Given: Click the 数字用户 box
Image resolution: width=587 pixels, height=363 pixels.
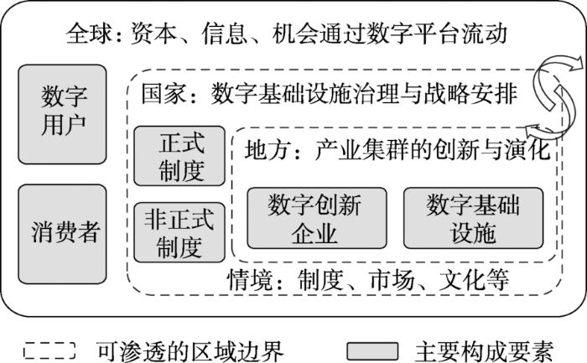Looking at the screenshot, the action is [x=63, y=114].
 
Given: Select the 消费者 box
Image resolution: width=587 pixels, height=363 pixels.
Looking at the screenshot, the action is [x=63, y=234].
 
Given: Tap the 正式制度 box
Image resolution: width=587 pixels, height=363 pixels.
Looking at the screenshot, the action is [x=179, y=156].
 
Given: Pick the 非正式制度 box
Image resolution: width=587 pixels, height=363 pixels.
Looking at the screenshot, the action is [x=179, y=232].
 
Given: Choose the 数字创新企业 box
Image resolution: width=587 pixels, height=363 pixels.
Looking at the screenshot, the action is [x=317, y=218].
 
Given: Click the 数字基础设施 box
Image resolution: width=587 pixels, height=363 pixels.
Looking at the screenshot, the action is [x=473, y=218].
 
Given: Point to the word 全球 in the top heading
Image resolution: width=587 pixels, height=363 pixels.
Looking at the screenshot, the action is [x=89, y=34].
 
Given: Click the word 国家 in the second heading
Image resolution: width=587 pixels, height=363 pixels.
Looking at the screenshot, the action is [x=164, y=94].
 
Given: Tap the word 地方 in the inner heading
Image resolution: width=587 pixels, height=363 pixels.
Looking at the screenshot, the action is [x=268, y=150].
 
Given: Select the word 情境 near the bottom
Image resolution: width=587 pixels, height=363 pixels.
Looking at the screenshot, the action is [x=250, y=279].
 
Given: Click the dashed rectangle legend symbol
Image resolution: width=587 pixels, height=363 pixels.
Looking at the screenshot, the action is [x=49, y=351].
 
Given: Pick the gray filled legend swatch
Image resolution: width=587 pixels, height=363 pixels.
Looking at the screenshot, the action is [x=372, y=351].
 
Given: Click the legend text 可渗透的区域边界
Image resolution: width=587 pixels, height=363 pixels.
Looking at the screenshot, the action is [x=190, y=351].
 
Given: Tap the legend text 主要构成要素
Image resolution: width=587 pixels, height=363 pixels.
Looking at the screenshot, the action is [x=484, y=351].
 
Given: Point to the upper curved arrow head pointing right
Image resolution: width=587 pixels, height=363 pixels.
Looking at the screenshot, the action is [x=574, y=63].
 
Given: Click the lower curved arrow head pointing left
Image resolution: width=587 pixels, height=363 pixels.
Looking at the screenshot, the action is [x=532, y=130].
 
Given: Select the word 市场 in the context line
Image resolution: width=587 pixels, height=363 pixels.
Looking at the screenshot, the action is [x=392, y=279].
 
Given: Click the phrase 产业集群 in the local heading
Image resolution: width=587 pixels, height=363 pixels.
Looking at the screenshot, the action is [x=361, y=150].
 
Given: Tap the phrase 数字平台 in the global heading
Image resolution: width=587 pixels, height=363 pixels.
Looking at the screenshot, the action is [x=413, y=34].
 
